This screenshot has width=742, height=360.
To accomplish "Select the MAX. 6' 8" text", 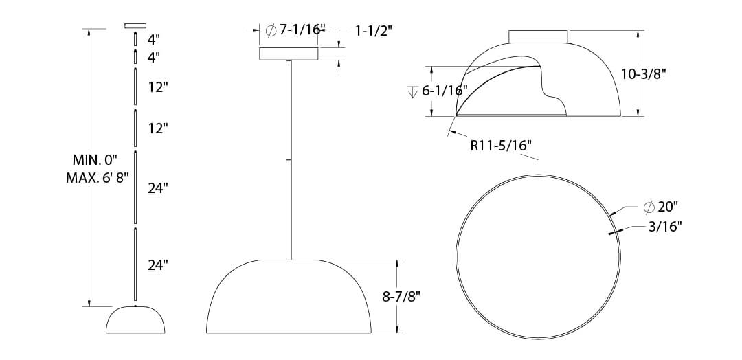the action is pyautogui.click(x=98, y=179).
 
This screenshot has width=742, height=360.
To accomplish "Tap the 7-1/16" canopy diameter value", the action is pyautogui.click(x=300, y=30).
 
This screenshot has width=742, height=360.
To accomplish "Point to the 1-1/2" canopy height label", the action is pyautogui.click(x=373, y=31).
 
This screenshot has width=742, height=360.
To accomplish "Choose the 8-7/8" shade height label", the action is pyautogui.click(x=401, y=297).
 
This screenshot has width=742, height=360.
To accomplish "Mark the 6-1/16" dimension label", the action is pyautogui.click(x=445, y=91).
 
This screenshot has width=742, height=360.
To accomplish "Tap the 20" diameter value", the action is pyautogui.click(x=668, y=207).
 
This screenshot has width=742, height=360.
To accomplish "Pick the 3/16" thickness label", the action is pyautogui.click(x=665, y=227).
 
